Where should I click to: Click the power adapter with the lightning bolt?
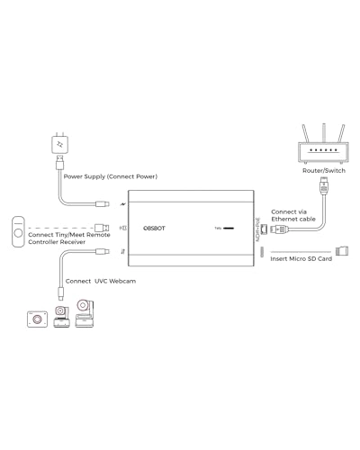59,145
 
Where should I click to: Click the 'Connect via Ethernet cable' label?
293,215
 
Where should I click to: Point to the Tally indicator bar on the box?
229,229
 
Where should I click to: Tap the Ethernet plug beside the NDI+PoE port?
278,229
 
